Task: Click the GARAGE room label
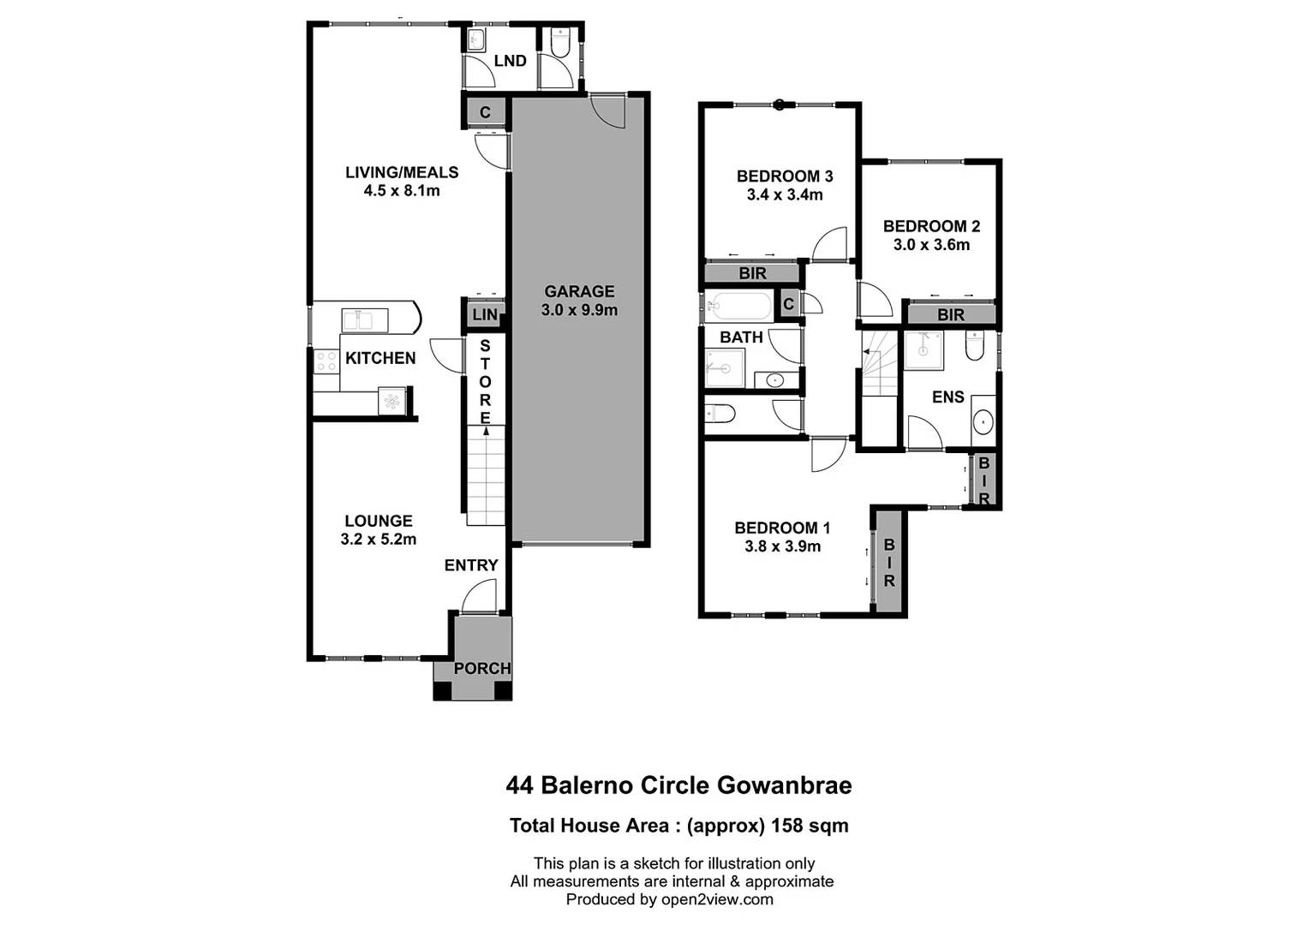(579, 291)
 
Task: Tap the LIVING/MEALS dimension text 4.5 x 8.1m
(402, 191)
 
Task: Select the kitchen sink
(364, 320)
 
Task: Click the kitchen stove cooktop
(326, 361)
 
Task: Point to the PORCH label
(481, 668)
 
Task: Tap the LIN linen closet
(485, 314)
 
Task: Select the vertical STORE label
(486, 382)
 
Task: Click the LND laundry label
(510, 61)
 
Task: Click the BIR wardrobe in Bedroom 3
(752, 273)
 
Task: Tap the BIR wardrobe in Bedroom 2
(950, 314)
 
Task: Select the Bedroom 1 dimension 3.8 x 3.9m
(782, 546)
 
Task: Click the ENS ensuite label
(947, 397)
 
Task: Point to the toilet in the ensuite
(975, 347)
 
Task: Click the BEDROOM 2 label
(931, 226)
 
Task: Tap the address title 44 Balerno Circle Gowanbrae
(678, 785)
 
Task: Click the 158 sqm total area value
(810, 826)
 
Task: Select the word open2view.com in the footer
(717, 899)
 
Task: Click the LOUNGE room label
(378, 521)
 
